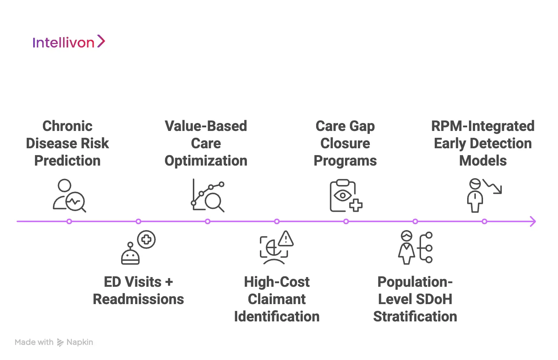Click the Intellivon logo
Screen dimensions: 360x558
[x=68, y=42]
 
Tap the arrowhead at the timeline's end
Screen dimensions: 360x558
[x=533, y=221]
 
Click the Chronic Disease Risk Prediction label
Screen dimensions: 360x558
[x=67, y=143]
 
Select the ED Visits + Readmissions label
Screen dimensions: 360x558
[x=138, y=290]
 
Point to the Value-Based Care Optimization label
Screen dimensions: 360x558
[x=206, y=143]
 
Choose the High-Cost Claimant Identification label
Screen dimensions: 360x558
[x=277, y=299]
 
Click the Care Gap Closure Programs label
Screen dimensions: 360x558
[x=345, y=143]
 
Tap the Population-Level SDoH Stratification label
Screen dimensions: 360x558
[x=415, y=299]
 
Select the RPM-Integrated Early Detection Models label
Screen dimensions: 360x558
[x=483, y=143]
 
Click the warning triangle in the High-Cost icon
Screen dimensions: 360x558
[x=286, y=239]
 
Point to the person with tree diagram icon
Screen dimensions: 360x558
[x=415, y=247]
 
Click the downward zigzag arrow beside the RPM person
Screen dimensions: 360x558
[x=493, y=186]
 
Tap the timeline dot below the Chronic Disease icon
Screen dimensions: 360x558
[x=69, y=221]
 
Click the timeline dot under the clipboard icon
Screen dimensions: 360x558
[x=346, y=221]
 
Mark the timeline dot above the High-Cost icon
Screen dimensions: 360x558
[x=277, y=221]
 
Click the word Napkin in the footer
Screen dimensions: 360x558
[x=80, y=342]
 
